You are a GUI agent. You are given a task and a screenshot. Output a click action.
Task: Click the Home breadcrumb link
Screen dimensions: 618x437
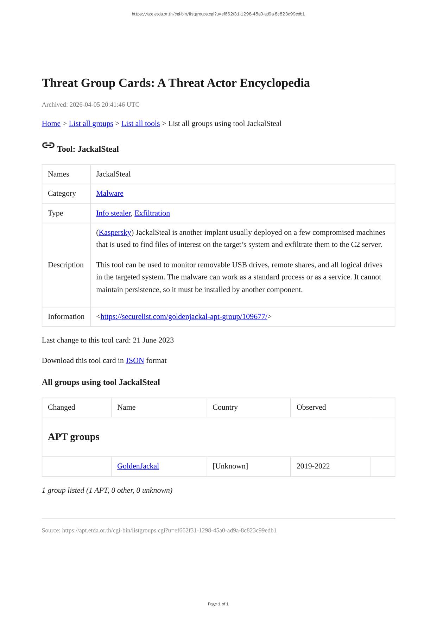pos(51,124)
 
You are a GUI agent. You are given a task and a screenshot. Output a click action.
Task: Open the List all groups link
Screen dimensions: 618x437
pos(91,124)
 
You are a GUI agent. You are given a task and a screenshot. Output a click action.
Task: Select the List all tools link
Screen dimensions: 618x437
pos(140,124)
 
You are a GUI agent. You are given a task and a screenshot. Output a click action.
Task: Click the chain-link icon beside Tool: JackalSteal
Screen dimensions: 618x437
pos(48,145)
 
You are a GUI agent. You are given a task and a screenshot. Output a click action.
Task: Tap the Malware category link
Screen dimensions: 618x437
pos(110,194)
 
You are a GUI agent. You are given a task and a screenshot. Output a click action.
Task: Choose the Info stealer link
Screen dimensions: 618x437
pos(113,213)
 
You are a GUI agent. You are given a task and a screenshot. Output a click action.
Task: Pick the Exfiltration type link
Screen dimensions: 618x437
pos(152,213)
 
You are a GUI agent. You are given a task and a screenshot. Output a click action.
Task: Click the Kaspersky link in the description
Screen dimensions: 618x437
pos(115,233)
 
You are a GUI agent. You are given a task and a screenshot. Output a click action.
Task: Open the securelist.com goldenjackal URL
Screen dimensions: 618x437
pos(184,317)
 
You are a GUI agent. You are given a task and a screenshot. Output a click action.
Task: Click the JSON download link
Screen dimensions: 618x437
pos(135,361)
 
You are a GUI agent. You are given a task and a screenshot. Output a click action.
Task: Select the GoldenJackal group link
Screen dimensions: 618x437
pos(138,466)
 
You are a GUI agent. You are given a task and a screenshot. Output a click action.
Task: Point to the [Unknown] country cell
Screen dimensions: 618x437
pos(230,466)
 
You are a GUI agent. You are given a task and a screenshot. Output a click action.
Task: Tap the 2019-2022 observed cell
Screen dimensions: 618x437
pos(313,466)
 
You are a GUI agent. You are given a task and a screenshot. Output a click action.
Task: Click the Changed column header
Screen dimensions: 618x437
pos(62,408)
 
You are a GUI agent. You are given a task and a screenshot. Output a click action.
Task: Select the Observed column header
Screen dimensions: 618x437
pos(311,408)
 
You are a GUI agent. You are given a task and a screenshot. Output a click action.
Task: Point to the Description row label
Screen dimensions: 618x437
pos(66,265)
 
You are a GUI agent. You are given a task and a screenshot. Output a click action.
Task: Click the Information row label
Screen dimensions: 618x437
pos(66,317)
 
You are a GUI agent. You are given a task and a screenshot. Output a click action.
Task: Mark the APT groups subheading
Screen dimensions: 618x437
pos(74,437)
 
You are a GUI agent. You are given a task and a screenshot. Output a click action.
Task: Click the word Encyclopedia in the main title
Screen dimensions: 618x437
pos(275,83)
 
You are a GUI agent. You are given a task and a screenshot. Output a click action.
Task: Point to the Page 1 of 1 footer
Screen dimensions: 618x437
pos(218,604)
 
